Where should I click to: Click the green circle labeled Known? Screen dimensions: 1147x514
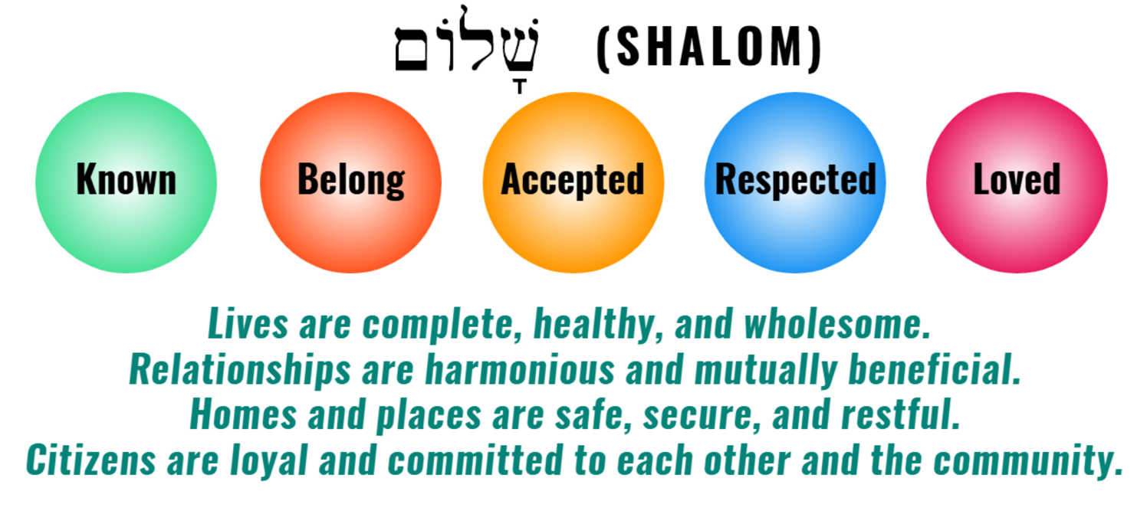tap(126, 182)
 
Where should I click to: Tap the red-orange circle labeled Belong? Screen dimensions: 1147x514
tap(350, 182)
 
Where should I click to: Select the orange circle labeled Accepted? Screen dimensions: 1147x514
tap(573, 182)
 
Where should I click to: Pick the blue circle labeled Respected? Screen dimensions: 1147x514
tap(795, 182)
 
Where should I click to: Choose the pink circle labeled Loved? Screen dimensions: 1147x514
tap(1017, 182)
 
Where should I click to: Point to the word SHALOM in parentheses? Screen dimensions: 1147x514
tap(709, 47)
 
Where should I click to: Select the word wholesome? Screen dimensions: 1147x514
tap(836, 324)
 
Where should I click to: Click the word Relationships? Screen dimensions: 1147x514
tap(240, 370)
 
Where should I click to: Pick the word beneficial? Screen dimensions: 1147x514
tap(935, 368)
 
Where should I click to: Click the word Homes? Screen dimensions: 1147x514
tap(243, 414)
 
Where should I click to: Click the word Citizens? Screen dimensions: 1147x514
tap(91, 460)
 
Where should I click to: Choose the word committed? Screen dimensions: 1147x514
tap(475, 460)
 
